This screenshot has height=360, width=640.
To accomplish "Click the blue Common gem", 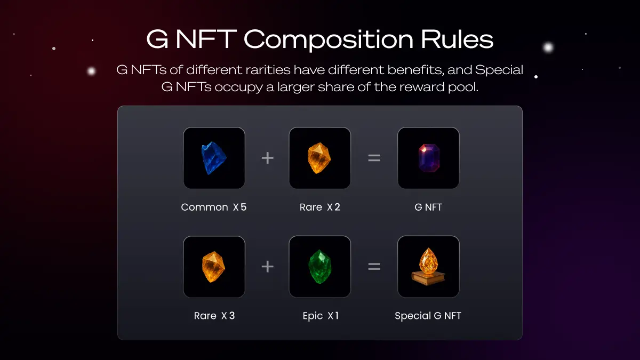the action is pyautogui.click(x=214, y=158).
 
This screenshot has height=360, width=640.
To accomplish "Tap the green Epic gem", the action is pyautogui.click(x=320, y=267).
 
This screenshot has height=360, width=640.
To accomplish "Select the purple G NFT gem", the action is pyautogui.click(x=429, y=158).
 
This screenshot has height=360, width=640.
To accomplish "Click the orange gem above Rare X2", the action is pyautogui.click(x=319, y=158).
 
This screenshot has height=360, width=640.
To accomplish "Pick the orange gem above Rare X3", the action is pyautogui.click(x=213, y=267).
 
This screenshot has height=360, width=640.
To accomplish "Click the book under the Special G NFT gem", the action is pyautogui.click(x=428, y=278).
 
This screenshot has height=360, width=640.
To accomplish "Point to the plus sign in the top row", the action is pyautogui.click(x=267, y=158).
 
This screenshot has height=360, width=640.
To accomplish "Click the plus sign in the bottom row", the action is pyautogui.click(x=267, y=267).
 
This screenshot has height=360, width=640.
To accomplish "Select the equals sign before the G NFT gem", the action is pyautogui.click(x=374, y=158).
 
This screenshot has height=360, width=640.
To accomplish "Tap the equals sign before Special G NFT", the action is pyautogui.click(x=374, y=267).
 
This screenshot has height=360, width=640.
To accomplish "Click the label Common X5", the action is pyautogui.click(x=214, y=207).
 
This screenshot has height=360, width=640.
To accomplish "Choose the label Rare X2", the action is pyautogui.click(x=320, y=207).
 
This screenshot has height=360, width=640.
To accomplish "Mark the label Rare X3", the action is pyautogui.click(x=214, y=316).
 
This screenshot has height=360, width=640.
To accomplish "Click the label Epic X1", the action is pyautogui.click(x=321, y=316).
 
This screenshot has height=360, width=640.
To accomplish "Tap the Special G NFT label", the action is pyautogui.click(x=428, y=316).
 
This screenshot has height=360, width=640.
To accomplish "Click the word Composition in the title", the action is pyautogui.click(x=329, y=40).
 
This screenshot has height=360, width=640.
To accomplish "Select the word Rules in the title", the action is pyautogui.click(x=457, y=39).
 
